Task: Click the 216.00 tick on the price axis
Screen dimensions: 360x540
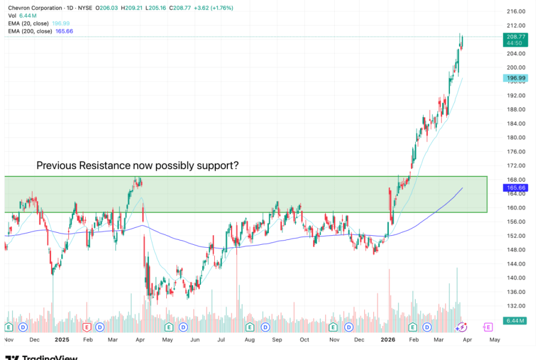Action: [x=516, y=11]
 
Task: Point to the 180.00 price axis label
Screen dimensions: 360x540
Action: [x=516, y=137]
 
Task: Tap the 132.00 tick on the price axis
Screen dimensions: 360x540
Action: [x=516, y=306]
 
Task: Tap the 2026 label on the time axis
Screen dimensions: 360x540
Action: [x=388, y=339]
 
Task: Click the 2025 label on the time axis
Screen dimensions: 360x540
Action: [x=62, y=339]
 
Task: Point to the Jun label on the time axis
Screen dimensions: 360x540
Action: [x=195, y=339]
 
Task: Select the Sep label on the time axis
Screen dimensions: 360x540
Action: [x=277, y=339]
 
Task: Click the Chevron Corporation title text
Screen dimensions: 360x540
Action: [x=35, y=8]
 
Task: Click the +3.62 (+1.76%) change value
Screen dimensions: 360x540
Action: [x=212, y=8]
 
